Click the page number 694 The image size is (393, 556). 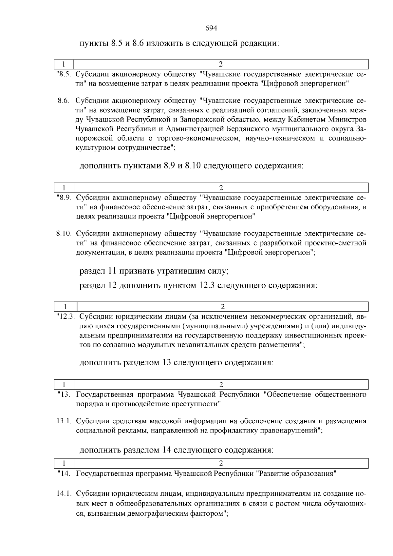[x=211, y=28]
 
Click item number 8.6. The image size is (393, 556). [x=63, y=101]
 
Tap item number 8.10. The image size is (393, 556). [x=64, y=234]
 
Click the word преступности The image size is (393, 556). [x=198, y=404]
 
